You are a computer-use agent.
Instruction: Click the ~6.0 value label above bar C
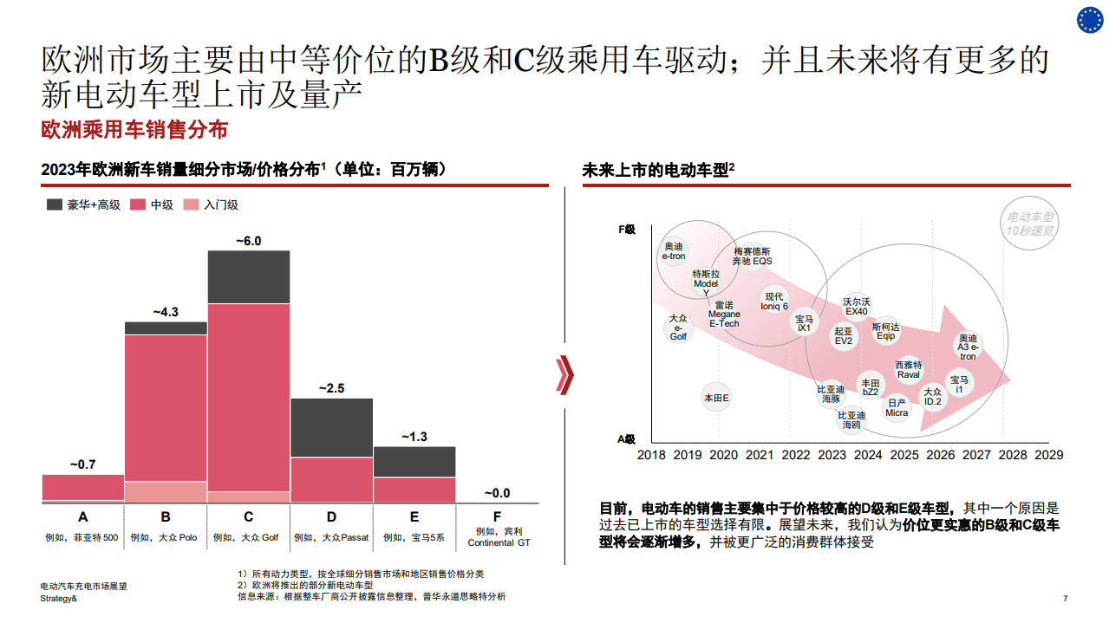(248, 241)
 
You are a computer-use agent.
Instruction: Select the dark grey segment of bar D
(331, 428)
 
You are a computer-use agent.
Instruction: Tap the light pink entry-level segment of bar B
(166, 491)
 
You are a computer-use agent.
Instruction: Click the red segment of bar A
(83, 487)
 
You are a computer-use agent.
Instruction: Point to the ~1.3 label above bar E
(414, 437)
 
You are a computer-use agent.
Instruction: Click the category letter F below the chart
(497, 517)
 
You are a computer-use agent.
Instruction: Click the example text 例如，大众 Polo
(165, 537)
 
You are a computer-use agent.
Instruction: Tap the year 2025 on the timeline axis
(904, 454)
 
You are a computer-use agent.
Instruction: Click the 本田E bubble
(716, 398)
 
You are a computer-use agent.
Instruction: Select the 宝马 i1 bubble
(959, 385)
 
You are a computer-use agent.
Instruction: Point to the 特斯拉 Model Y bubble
(706, 283)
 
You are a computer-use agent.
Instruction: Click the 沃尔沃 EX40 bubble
(856, 307)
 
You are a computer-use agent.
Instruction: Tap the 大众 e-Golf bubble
(678, 328)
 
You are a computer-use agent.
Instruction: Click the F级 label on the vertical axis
(627, 230)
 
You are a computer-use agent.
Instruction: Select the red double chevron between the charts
(565, 374)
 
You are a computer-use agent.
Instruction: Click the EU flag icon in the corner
(1090, 19)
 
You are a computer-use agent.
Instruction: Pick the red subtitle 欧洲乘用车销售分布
(134, 130)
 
